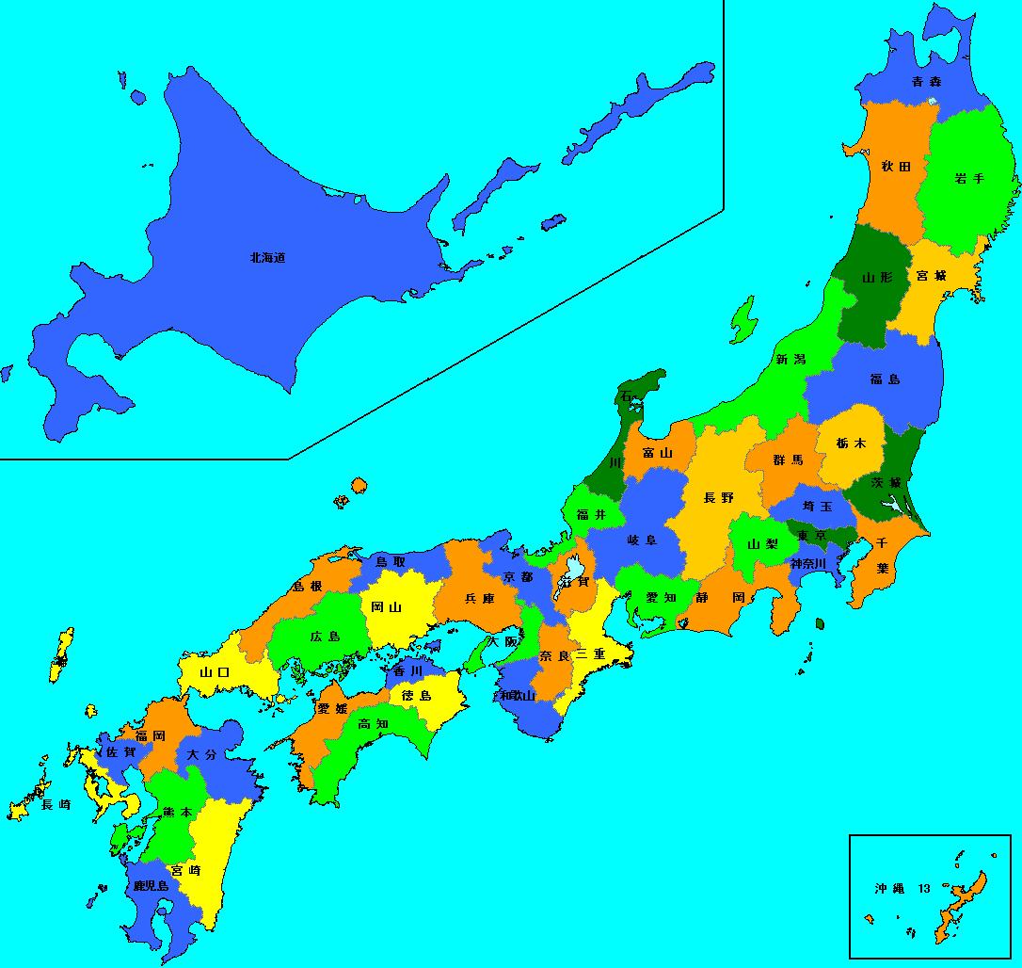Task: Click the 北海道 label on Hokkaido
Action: point(267,257)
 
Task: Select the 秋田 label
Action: point(895,167)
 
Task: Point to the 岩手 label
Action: point(968,178)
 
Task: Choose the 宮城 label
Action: point(931,277)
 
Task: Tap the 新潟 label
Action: point(790,359)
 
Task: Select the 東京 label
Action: point(811,537)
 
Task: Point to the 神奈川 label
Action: point(807,563)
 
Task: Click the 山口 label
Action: point(216,673)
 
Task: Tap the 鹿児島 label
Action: point(151,886)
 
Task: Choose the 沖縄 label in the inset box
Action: point(888,888)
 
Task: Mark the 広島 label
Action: point(326,637)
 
